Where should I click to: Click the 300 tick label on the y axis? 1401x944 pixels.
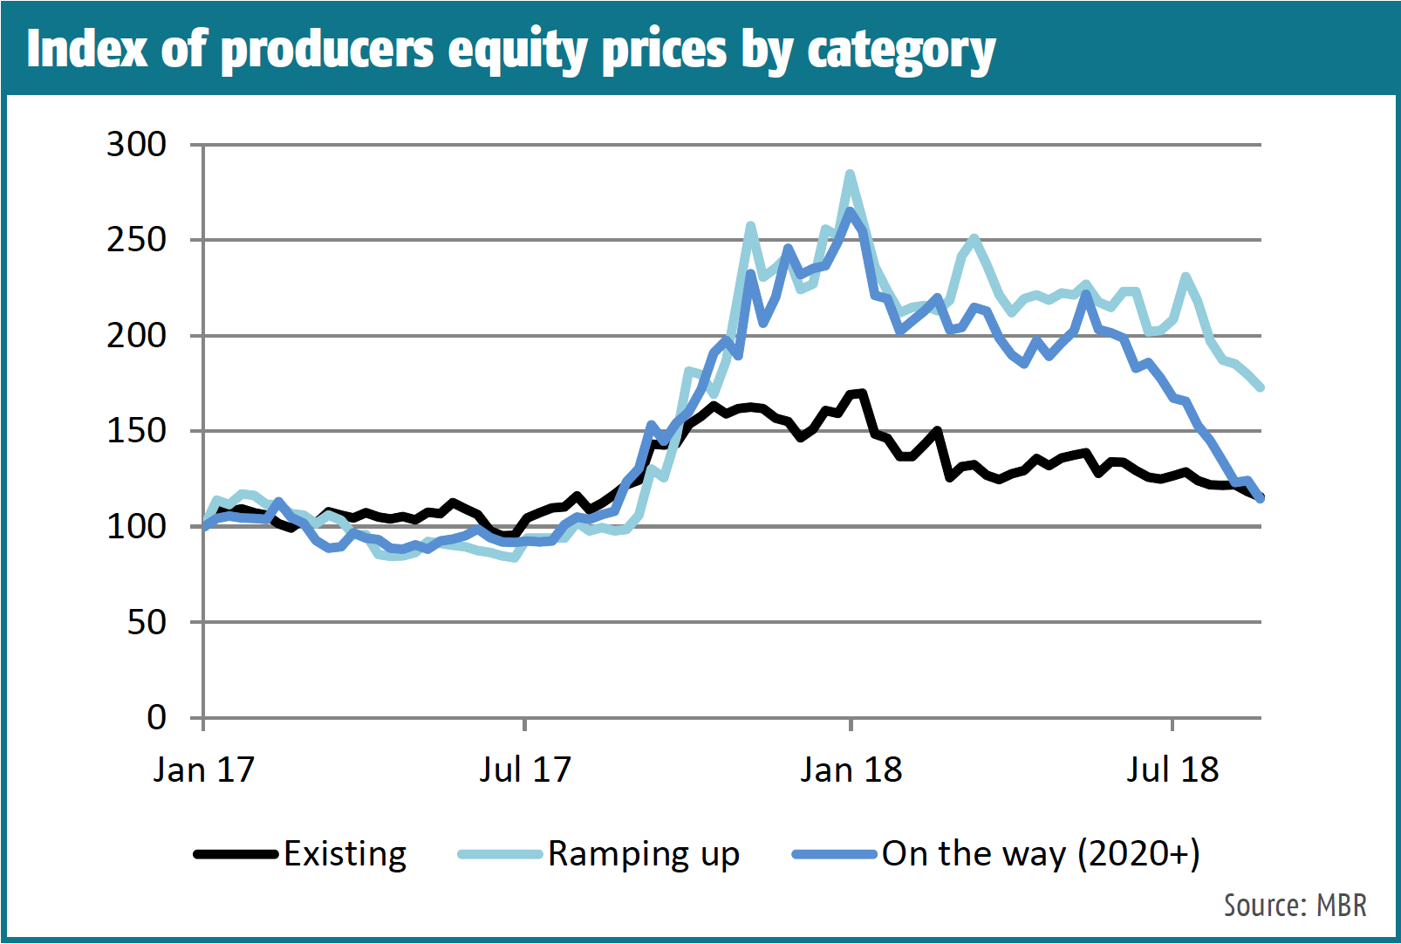136,145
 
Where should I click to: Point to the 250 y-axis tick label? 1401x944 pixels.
136,240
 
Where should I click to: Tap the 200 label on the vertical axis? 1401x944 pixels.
136,336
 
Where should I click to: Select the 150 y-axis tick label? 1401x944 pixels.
136,431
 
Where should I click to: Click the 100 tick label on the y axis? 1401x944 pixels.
136,527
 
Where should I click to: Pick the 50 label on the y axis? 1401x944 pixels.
147,623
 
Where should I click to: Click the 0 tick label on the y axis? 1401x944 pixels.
156,718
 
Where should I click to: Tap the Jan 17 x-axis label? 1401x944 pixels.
203,770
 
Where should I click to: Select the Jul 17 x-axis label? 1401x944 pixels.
524,770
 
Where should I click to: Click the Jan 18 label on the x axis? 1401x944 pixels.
851,770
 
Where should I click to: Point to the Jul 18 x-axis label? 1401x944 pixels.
1172,770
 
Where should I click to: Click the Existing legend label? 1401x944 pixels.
345,854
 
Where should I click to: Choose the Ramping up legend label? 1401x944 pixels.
644,854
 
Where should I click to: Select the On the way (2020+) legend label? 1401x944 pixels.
1041,854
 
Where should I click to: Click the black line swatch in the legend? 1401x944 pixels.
236,854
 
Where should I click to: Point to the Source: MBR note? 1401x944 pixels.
1295,906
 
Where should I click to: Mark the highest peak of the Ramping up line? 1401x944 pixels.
850,174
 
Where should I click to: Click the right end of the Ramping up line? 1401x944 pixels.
1261,387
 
